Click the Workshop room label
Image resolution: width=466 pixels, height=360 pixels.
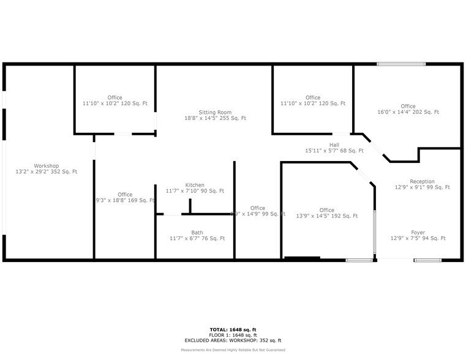pos(46,166)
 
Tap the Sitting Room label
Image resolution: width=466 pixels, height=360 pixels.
pos(215,112)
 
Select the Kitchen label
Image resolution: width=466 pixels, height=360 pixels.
pos(195,185)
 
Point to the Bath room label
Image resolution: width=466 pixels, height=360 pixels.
pos(197,233)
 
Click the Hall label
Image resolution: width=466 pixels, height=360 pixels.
pos(334,144)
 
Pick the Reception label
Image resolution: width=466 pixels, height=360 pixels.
pos(422,181)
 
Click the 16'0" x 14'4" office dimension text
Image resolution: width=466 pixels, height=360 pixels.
pos(408,113)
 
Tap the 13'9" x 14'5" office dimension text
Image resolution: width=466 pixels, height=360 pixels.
pos(326,216)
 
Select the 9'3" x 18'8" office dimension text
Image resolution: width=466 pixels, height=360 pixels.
pos(124,200)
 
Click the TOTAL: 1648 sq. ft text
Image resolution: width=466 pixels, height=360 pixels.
pos(233,330)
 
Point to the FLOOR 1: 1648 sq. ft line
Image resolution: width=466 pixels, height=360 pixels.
pos(233,335)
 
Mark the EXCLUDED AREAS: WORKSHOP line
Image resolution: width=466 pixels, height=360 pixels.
pos(233,340)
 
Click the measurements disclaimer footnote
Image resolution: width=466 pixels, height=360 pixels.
pos(233,350)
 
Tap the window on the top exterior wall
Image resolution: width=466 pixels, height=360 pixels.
pos(401,64)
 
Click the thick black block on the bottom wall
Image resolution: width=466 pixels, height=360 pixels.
pos(303,258)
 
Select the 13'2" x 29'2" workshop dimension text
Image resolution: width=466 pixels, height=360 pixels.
pos(46,172)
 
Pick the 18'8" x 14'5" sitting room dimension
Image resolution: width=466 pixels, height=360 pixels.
pos(215,118)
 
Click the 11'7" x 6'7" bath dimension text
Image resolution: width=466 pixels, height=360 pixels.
pos(197,238)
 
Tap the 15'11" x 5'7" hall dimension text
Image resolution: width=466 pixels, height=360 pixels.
pos(334,151)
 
